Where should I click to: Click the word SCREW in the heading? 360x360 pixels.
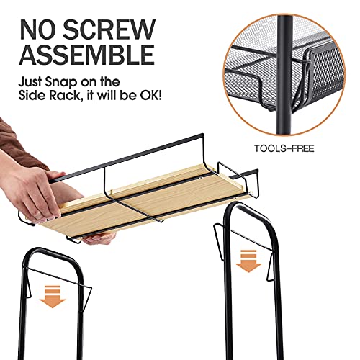(x=109, y=30)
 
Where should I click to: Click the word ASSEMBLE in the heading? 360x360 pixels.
(x=87, y=54)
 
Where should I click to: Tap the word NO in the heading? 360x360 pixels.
(x=38, y=30)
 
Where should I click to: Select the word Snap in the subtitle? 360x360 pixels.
(x=61, y=83)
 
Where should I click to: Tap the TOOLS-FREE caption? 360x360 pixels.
(x=284, y=148)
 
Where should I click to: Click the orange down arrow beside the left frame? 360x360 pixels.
(x=53, y=297)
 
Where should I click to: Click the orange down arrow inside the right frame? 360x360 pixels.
(x=248, y=261)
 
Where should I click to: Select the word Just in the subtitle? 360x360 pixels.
(x=30, y=83)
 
